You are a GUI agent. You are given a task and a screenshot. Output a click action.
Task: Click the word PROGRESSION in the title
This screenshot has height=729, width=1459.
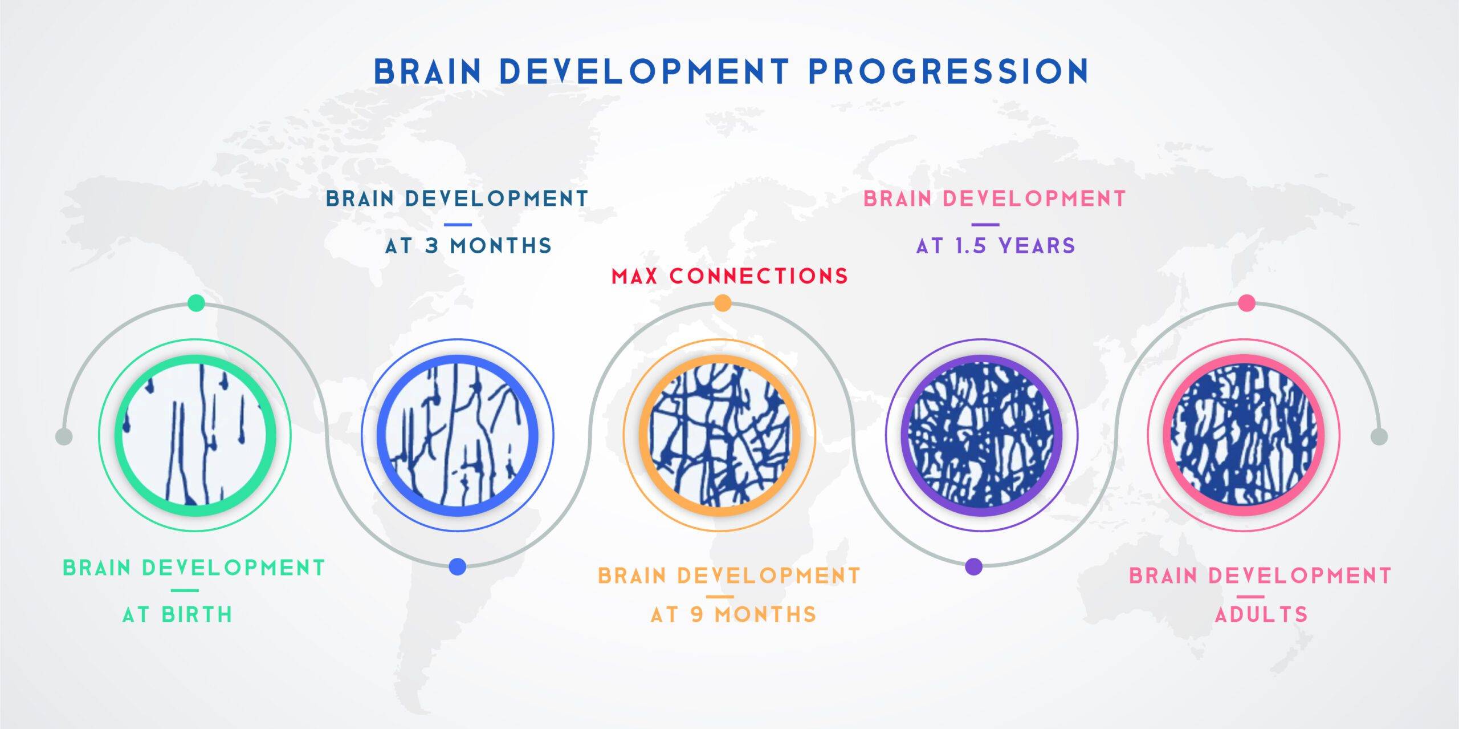coord(949,71)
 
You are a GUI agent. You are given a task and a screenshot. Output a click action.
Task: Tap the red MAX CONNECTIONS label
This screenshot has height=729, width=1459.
coord(729,276)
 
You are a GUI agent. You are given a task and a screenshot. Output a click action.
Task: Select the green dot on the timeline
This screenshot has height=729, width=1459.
coord(196,303)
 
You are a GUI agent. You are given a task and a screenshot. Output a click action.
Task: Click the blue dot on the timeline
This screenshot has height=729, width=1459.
coord(457,566)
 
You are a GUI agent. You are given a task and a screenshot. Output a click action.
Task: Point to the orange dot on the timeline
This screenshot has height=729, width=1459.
coord(722,303)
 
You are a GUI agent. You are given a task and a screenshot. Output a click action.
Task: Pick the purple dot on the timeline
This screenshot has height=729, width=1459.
coord(974,566)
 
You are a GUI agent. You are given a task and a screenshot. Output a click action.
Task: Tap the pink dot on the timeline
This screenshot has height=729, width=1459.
coord(1247,303)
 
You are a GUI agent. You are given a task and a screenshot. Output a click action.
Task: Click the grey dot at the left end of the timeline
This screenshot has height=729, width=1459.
coord(64,436)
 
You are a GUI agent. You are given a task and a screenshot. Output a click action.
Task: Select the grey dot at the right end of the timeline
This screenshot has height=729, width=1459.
coord(1379,436)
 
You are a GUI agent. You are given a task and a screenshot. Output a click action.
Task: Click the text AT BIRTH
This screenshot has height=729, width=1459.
coord(178,614)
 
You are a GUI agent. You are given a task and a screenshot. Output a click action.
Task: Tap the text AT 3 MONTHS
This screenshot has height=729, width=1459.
coord(468,246)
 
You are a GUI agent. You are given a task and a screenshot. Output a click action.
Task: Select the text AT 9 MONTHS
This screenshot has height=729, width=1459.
coord(733,614)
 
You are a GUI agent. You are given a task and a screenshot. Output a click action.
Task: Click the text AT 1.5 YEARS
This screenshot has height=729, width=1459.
coord(996,246)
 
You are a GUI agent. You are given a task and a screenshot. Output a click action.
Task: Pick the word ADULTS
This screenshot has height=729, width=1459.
coord(1261,614)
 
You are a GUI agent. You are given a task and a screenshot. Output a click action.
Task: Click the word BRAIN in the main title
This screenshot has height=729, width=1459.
coord(428,71)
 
